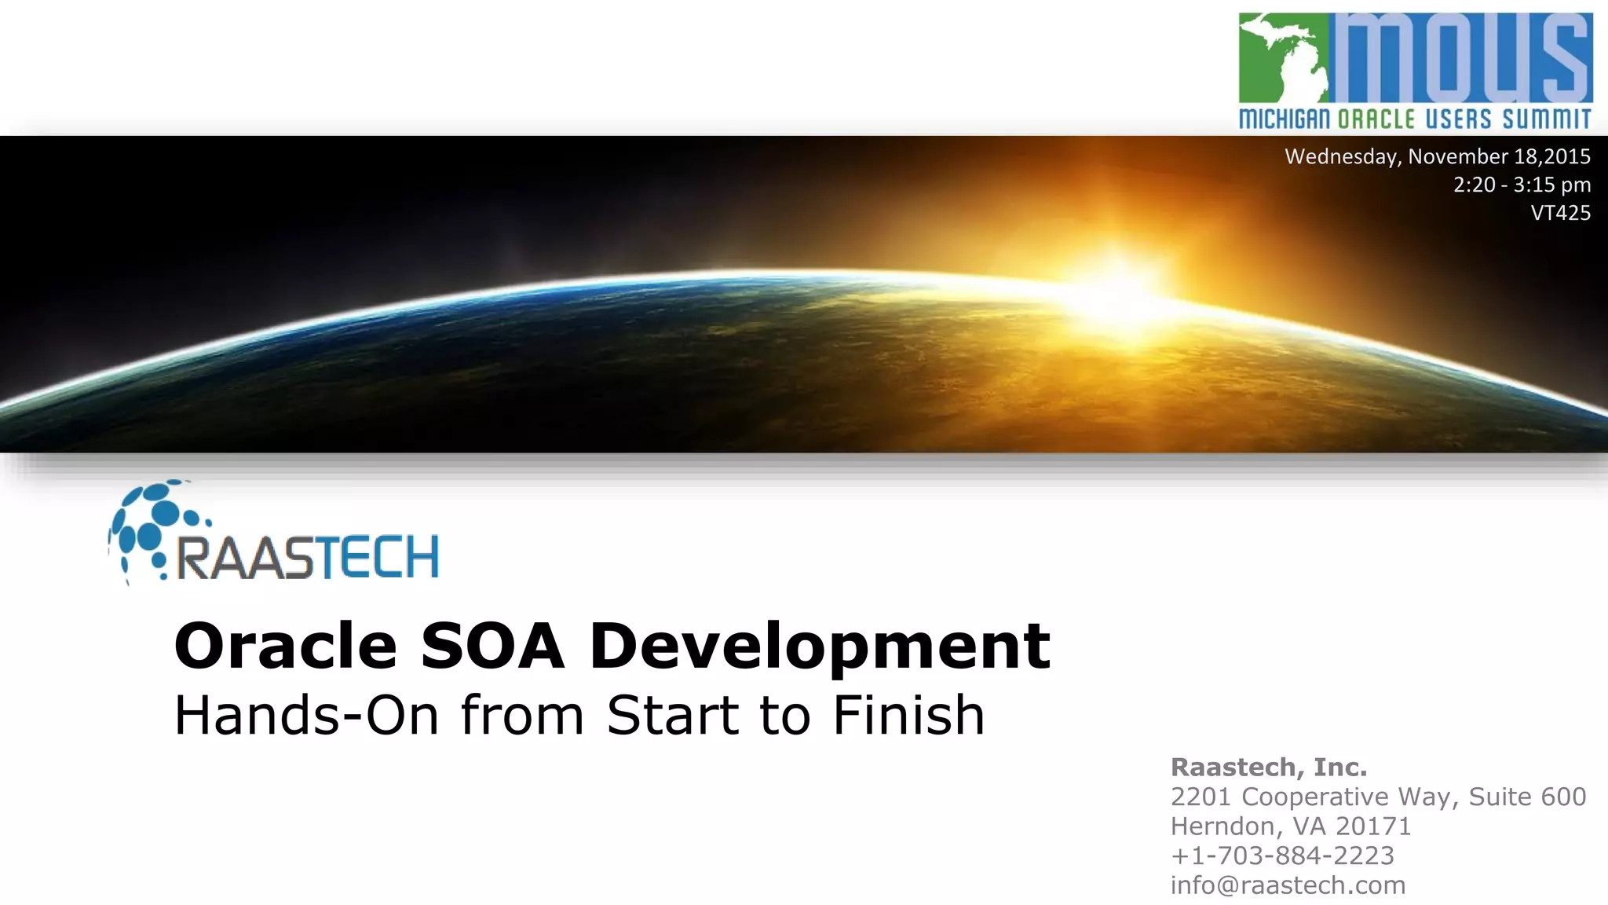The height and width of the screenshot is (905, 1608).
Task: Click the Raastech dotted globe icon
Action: tap(153, 527)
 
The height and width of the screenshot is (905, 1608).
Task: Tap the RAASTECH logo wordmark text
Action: tap(307, 558)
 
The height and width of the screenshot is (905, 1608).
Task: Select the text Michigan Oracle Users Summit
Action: tap(1415, 119)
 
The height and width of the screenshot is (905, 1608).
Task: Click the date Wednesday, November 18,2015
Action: tap(1437, 156)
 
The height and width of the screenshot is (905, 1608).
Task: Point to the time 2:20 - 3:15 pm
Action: tap(1521, 185)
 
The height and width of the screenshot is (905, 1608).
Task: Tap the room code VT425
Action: tap(1560, 213)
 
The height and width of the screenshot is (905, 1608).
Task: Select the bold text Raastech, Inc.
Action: tap(1268, 767)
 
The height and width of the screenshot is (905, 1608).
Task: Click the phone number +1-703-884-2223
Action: tap(1281, 855)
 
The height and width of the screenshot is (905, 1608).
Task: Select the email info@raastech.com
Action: tap(1287, 885)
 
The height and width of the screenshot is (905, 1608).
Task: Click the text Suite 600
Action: tap(1526, 797)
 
